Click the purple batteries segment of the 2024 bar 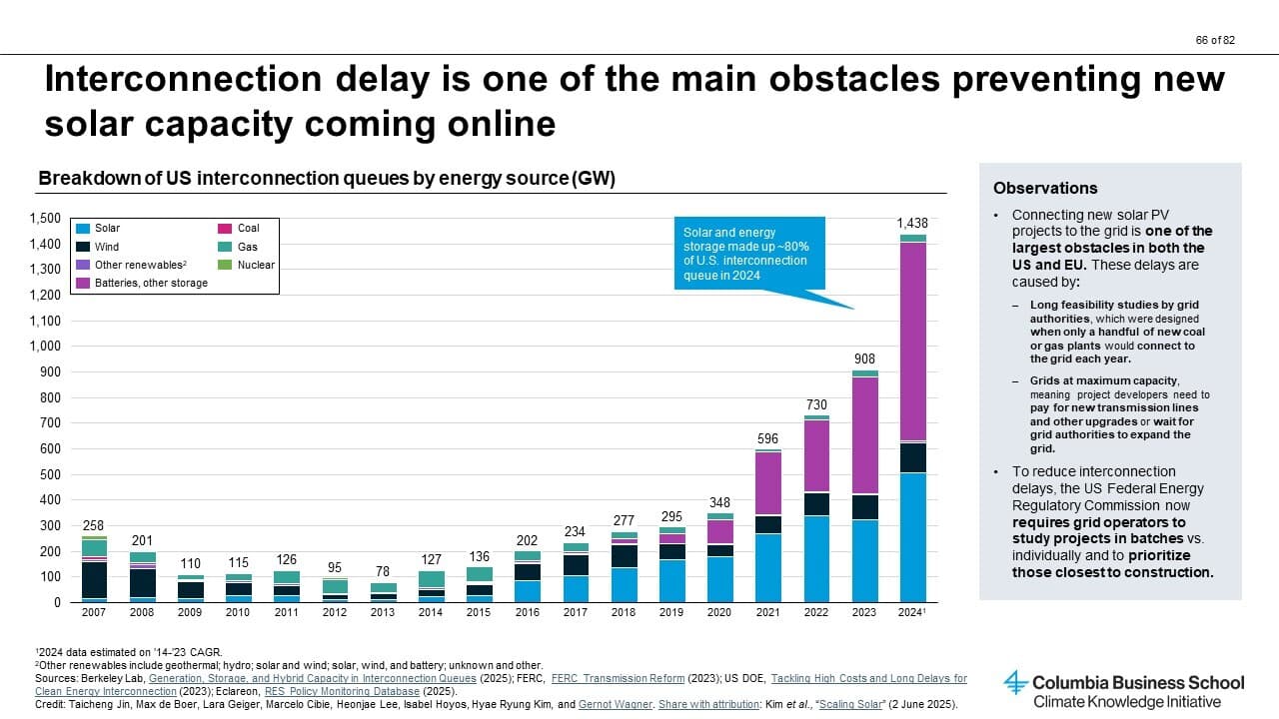(x=912, y=340)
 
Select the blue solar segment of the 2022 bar (x=816, y=557)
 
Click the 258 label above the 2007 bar (x=94, y=524)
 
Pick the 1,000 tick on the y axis (x=46, y=346)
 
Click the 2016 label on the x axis (x=528, y=612)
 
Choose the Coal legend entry (x=248, y=229)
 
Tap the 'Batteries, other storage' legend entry (x=151, y=283)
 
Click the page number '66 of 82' (x=1215, y=40)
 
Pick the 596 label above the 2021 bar (x=768, y=438)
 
